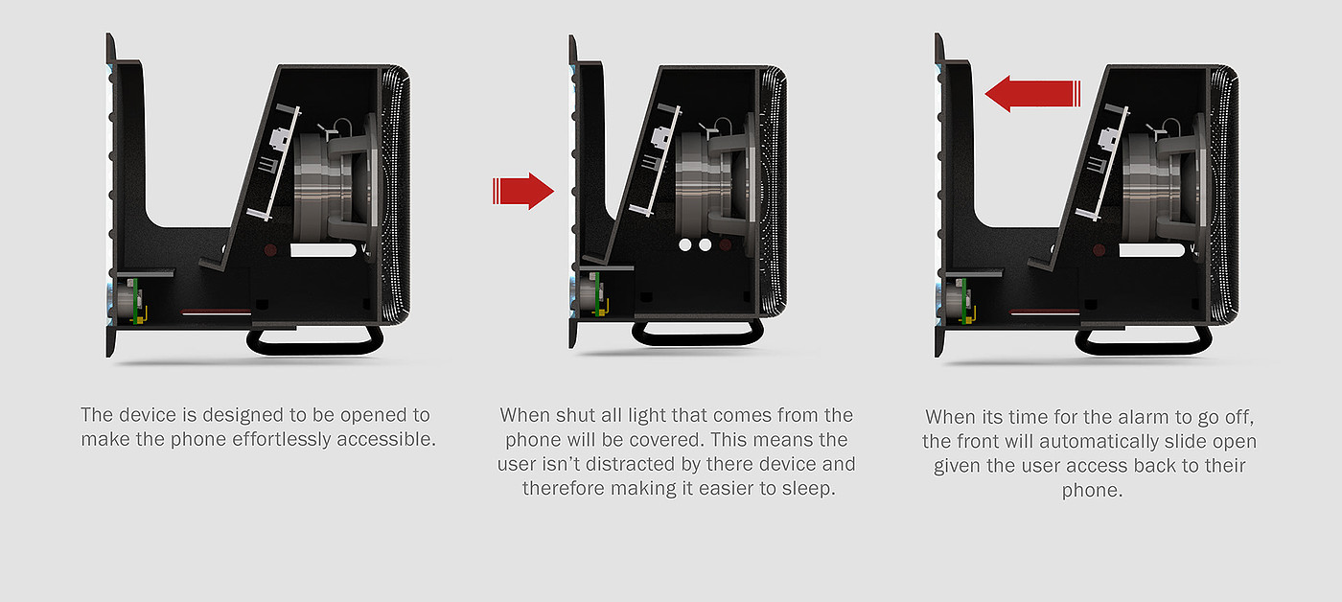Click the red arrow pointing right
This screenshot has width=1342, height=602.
(x=523, y=191)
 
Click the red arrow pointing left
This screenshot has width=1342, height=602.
(x=1033, y=93)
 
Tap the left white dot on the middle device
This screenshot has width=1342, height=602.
(x=685, y=244)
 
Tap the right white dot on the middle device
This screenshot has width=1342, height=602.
(x=706, y=244)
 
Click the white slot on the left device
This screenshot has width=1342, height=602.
(x=323, y=250)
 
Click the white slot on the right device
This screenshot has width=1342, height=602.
(x=1151, y=250)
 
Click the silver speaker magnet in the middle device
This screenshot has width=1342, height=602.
(x=700, y=187)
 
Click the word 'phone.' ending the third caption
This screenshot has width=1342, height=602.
(x=1092, y=491)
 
